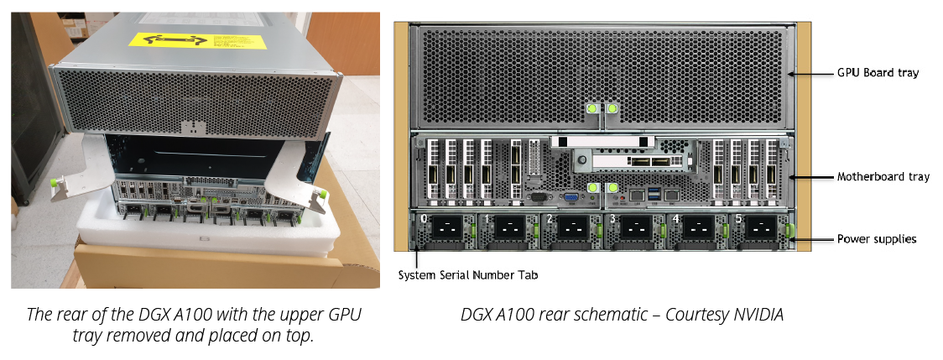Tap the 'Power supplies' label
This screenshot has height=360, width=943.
877,239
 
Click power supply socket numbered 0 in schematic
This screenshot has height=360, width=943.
447,229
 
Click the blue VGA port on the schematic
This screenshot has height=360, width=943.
571,198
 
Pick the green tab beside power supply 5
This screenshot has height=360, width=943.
787,229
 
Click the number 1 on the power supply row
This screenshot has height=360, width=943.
488,219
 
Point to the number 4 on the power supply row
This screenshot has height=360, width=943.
676,219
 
